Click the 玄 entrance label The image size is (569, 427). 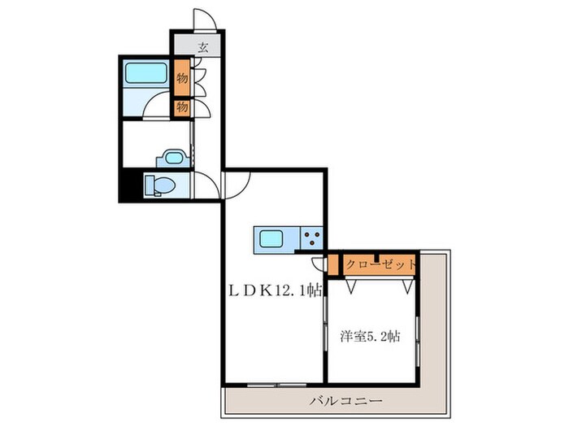(202, 46)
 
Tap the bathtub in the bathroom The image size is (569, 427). (146, 75)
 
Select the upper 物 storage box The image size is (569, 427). (181, 79)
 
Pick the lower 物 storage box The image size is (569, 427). (181, 106)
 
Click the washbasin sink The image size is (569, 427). (172, 157)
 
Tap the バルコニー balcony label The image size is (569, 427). (346, 401)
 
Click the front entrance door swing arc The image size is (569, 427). (202, 18)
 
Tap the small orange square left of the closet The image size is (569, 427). (333, 264)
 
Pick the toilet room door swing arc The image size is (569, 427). (207, 185)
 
